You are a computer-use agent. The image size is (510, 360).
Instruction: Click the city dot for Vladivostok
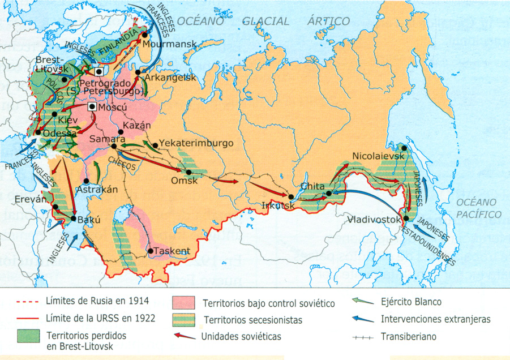[407, 218]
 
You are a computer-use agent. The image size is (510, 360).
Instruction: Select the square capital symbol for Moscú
[92, 107]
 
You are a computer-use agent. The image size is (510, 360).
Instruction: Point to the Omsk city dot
[188, 172]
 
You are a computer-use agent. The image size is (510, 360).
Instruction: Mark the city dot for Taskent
[150, 251]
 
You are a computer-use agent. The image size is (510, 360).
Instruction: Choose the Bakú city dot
[74, 218]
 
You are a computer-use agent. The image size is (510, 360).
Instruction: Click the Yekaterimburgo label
[196, 143]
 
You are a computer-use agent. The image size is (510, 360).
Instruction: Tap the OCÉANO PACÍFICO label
[478, 208]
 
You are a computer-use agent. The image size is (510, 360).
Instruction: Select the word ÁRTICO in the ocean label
[328, 22]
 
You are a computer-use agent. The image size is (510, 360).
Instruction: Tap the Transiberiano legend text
[413, 336]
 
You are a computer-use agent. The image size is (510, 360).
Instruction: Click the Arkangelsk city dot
[138, 72]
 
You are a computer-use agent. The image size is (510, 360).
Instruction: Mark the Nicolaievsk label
[375, 155]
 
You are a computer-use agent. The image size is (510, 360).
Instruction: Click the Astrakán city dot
[86, 181]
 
